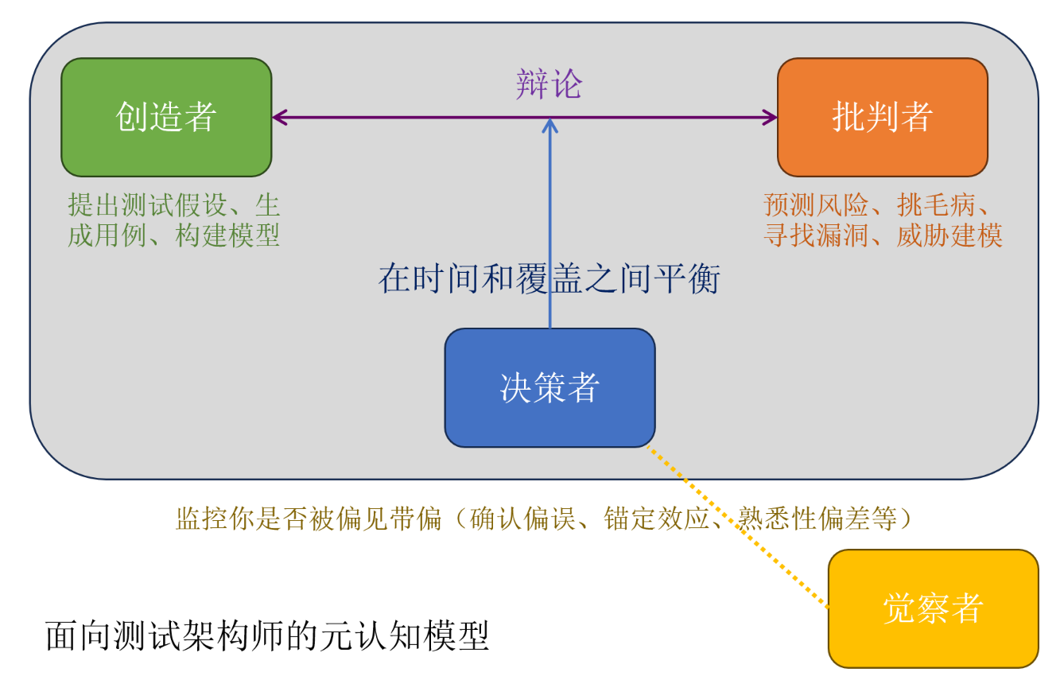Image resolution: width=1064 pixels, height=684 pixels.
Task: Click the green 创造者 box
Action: click(166, 117)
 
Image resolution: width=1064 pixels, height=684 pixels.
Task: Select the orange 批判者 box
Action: click(882, 117)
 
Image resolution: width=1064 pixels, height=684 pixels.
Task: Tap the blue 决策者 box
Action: click(549, 387)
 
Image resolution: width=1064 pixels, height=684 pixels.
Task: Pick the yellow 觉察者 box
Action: click(933, 608)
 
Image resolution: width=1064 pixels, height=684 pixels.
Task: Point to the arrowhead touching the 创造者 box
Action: click(279, 118)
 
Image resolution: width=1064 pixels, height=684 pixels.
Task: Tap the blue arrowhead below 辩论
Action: click(549, 125)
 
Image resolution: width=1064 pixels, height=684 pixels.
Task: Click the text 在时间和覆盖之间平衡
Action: click(549, 279)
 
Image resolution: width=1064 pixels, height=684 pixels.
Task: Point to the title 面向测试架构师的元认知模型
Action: click(267, 635)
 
